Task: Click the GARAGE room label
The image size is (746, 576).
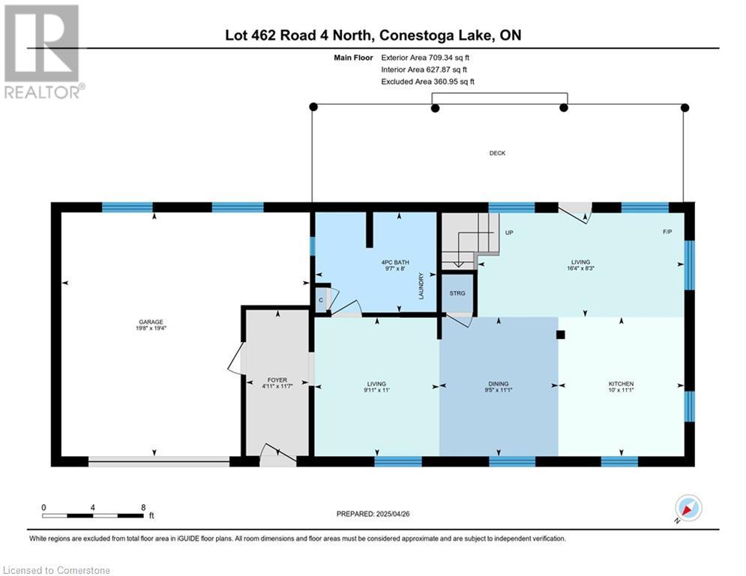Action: click(x=151, y=322)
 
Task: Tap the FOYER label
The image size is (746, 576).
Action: click(x=277, y=379)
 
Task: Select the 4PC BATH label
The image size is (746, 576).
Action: click(x=395, y=262)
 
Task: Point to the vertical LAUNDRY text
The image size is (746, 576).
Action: click(x=421, y=286)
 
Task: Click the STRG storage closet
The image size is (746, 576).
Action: click(x=457, y=293)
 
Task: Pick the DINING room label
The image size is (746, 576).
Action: click(x=499, y=384)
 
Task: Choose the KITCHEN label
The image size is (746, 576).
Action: click(x=621, y=384)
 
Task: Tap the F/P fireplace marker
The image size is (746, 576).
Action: click(x=667, y=232)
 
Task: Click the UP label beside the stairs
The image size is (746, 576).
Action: click(x=509, y=232)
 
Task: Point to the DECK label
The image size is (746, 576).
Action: click(x=497, y=153)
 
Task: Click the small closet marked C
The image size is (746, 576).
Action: click(x=321, y=300)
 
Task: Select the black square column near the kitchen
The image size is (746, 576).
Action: click(x=561, y=334)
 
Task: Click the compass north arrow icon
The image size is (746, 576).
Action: click(x=688, y=508)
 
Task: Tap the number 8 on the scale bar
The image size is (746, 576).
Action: click(x=143, y=508)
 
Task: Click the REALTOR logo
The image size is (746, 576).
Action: click(x=43, y=52)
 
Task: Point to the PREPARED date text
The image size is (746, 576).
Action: click(x=373, y=514)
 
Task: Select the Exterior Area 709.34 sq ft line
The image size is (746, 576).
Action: click(x=425, y=58)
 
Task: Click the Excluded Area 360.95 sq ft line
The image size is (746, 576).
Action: click(x=427, y=82)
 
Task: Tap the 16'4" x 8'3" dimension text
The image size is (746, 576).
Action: click(x=580, y=268)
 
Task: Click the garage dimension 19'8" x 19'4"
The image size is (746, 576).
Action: click(x=151, y=328)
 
